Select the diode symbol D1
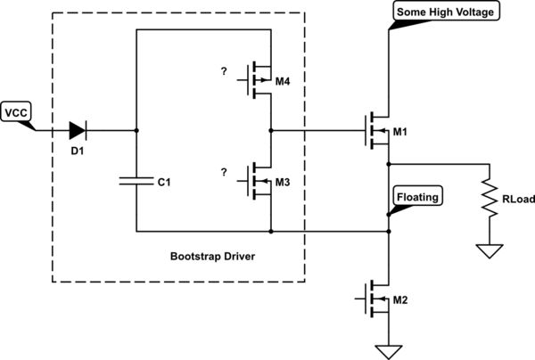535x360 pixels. click(78, 130)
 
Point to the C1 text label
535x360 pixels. click(164, 183)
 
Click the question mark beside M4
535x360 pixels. click(225, 70)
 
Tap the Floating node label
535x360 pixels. click(417, 196)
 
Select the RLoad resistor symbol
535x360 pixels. click(489, 198)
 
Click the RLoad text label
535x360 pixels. click(517, 200)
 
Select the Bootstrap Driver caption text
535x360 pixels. click(212, 257)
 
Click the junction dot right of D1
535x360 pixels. click(136, 130)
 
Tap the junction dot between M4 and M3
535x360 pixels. click(269, 130)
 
